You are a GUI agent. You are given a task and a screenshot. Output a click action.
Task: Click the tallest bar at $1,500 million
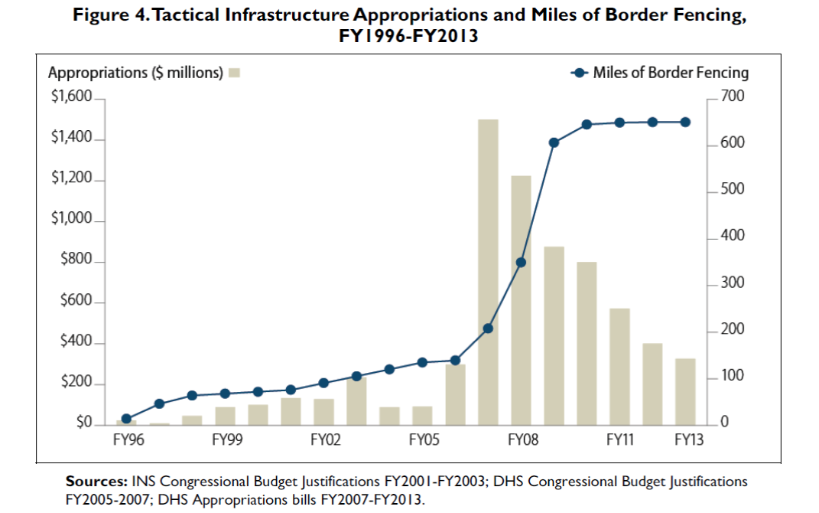pyautogui.click(x=488, y=272)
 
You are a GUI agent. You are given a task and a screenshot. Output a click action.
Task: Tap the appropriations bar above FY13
pyautogui.click(x=685, y=391)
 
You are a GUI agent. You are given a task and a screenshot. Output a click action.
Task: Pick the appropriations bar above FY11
pyautogui.click(x=619, y=366)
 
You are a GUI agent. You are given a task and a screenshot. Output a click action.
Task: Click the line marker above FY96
pyautogui.click(x=126, y=419)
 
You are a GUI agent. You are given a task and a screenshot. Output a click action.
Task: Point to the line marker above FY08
pyautogui.click(x=521, y=262)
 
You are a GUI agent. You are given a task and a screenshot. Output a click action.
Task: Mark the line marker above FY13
pyautogui.click(x=685, y=123)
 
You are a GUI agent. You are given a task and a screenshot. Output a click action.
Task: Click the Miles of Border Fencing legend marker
pyautogui.click(x=579, y=73)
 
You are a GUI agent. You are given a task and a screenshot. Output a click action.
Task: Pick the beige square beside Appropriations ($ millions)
pyautogui.click(x=235, y=74)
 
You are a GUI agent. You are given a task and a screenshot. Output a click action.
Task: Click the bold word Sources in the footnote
pyautogui.click(x=96, y=482)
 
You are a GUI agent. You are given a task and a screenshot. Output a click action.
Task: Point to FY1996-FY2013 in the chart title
pyautogui.click(x=409, y=36)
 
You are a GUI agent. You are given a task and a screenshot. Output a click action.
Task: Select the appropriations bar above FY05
pyautogui.click(x=422, y=415)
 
